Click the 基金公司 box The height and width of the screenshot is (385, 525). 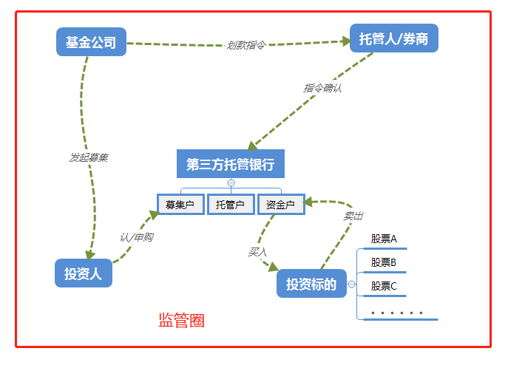(x=91, y=42)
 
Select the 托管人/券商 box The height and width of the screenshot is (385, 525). (x=393, y=39)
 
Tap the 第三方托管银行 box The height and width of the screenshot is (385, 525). (x=230, y=164)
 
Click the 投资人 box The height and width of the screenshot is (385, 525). (x=83, y=273)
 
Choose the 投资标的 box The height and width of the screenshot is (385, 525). (x=311, y=284)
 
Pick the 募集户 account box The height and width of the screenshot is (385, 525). (x=180, y=205)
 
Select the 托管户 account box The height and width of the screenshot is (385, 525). (x=231, y=205)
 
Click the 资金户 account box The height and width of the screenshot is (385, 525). (x=281, y=205)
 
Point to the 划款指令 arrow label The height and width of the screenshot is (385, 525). (x=245, y=45)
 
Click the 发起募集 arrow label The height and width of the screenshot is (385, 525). (x=89, y=157)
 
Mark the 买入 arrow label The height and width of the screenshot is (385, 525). (x=257, y=252)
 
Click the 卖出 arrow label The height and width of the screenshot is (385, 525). (x=353, y=216)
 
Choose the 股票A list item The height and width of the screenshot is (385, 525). (x=384, y=239)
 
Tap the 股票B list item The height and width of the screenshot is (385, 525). (x=384, y=262)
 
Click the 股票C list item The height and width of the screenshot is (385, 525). (x=384, y=286)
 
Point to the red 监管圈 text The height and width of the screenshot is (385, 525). (x=181, y=321)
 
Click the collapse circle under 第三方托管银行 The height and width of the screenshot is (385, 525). (x=231, y=183)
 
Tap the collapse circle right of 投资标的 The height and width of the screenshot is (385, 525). (x=351, y=284)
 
